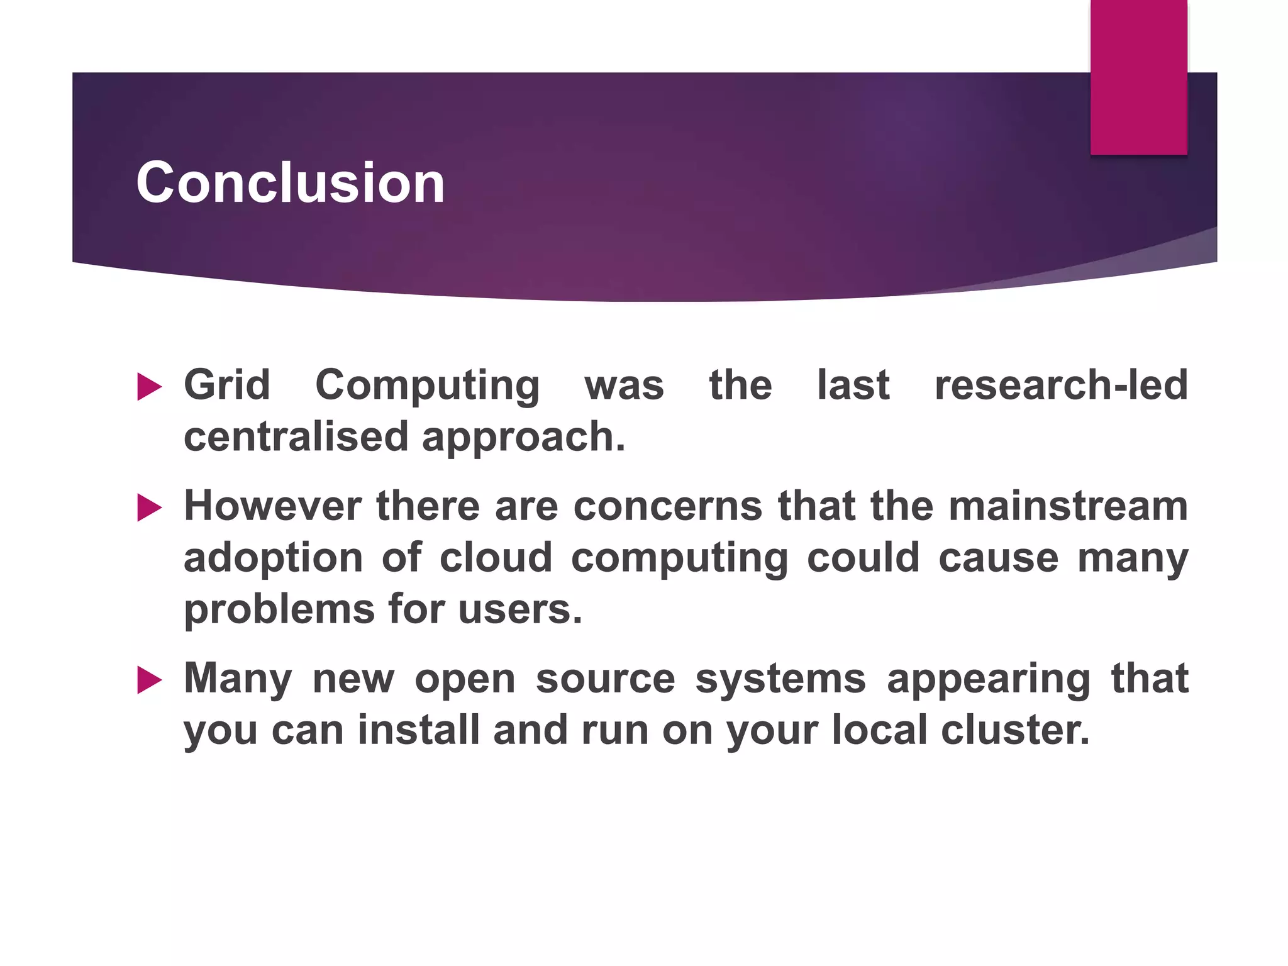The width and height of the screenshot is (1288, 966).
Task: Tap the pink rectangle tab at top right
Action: tap(1138, 77)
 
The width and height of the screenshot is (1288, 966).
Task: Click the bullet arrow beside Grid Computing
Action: tap(149, 386)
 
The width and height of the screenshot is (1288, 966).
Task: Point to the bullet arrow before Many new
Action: tap(149, 680)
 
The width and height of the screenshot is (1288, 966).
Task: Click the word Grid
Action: tap(227, 385)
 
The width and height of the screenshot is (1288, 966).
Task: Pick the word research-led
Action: tap(1061, 385)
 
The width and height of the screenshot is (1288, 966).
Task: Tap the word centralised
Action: tap(296, 436)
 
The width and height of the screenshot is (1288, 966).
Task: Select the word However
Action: tap(272, 506)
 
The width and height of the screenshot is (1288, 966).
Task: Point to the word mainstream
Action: tap(1068, 506)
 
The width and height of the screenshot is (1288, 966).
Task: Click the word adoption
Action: tap(273, 558)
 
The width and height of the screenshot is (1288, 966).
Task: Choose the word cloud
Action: tap(496, 557)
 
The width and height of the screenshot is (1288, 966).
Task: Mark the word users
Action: tap(520, 610)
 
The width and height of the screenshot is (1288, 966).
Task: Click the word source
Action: tap(605, 679)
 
